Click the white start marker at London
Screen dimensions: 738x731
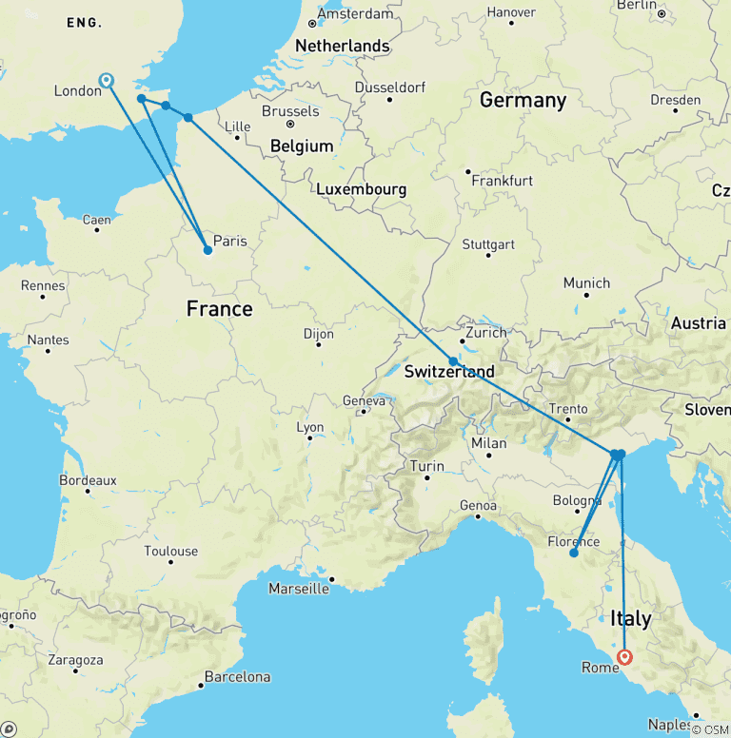tap(107, 80)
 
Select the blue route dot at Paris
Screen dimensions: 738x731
tap(207, 251)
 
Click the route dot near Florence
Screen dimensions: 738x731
tap(573, 553)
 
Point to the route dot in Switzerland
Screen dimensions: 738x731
tap(453, 361)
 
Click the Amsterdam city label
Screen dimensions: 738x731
tap(355, 14)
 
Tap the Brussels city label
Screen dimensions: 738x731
tap(290, 111)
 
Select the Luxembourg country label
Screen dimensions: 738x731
tap(361, 189)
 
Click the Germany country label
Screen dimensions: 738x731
tap(523, 100)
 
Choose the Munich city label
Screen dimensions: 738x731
tap(586, 283)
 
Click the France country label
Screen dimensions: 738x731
tap(219, 309)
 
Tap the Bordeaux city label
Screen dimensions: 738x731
tap(88, 481)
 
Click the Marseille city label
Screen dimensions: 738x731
tap(298, 589)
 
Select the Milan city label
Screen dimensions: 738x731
tap(488, 443)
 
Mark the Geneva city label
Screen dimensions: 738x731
tap(363, 401)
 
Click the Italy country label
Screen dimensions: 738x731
tap(629, 618)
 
